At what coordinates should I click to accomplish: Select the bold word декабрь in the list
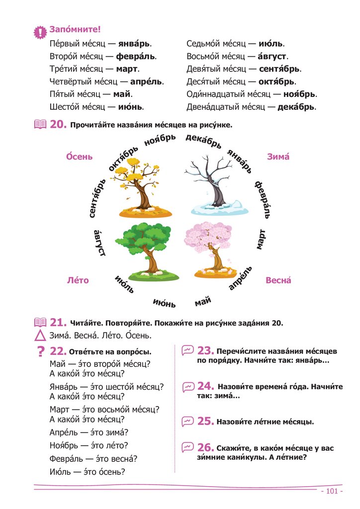coord(297,107)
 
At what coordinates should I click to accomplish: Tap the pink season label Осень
coord(80,157)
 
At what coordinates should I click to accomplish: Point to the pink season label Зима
coord(278,157)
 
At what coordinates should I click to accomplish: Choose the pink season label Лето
coord(78,280)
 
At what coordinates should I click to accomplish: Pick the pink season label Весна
coord(278,280)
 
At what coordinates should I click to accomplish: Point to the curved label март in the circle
coord(262,239)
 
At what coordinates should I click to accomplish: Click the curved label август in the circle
coord(100,243)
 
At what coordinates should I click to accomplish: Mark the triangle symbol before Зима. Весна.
coord(40,336)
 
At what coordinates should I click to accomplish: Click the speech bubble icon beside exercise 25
coord(187,422)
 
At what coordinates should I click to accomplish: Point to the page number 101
coord(329,491)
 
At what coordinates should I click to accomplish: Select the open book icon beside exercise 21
coord(40,323)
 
